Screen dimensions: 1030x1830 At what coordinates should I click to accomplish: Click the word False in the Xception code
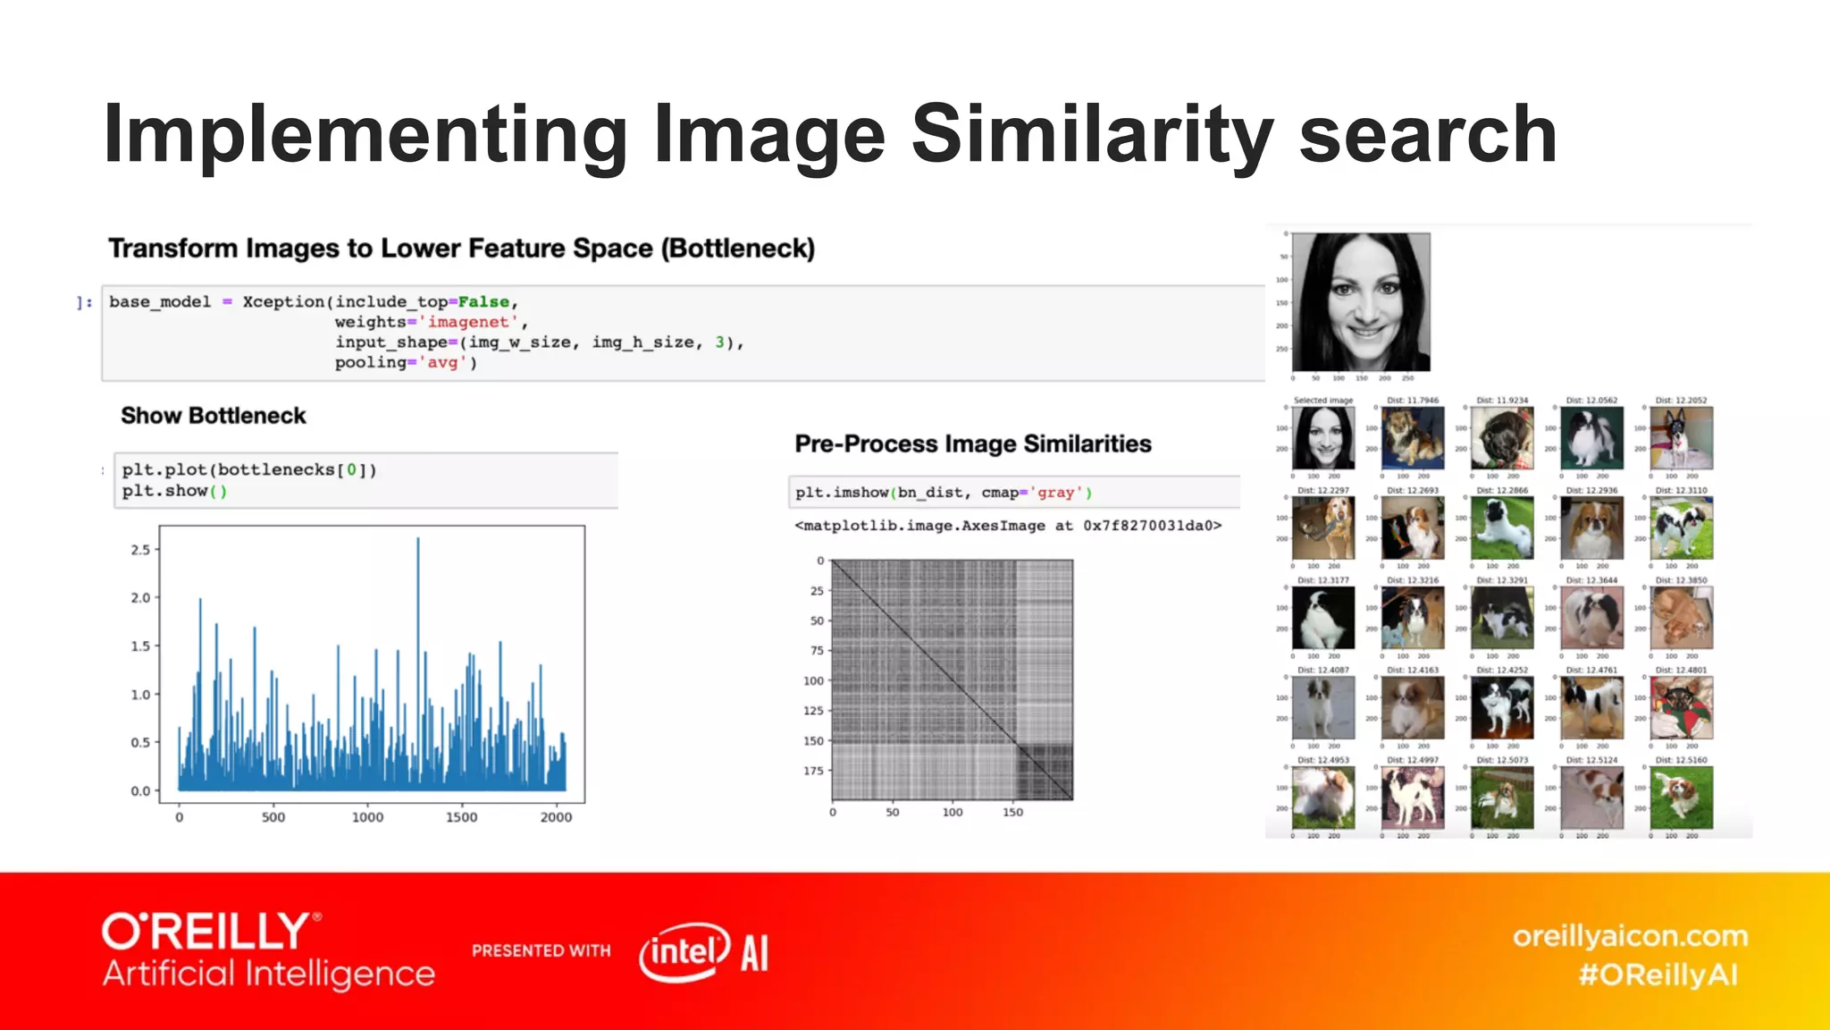(483, 302)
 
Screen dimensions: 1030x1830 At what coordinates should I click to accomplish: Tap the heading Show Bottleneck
(213, 416)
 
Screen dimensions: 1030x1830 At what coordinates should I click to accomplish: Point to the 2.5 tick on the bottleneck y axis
(141, 550)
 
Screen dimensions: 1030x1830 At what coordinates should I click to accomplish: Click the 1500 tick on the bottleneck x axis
(461, 817)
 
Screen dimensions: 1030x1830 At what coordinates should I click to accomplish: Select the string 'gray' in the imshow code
(1055, 493)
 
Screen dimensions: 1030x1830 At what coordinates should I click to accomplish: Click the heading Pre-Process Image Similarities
(972, 443)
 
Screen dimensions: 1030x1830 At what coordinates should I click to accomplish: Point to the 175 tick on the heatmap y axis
(813, 771)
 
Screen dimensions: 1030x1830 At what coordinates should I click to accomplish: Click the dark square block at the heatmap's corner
(1045, 772)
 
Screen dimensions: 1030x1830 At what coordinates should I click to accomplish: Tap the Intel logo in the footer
(684, 951)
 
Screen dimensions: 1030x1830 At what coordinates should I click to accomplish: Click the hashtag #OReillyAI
(1658, 975)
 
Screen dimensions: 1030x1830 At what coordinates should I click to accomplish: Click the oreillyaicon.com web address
(1629, 936)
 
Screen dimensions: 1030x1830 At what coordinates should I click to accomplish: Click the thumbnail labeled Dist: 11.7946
(1413, 438)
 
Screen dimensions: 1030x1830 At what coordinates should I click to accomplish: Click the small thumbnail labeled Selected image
(1323, 438)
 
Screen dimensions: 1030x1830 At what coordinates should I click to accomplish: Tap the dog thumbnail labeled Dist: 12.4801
(1681, 707)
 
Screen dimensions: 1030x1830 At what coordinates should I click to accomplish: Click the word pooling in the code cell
(370, 362)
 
